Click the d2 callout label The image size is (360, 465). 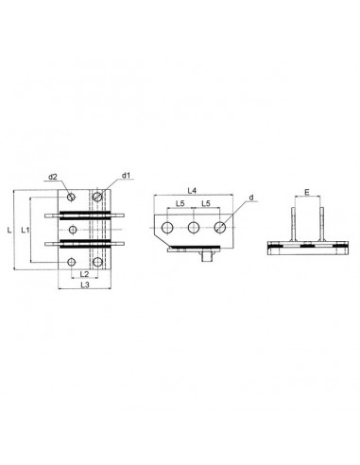point(52,177)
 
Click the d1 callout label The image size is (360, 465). point(126,176)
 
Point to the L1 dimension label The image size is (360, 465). point(26,231)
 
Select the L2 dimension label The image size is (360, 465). point(84,273)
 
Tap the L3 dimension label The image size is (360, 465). point(85,284)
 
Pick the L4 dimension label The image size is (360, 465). point(192,191)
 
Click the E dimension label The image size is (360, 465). point(307,192)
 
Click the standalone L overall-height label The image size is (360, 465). point(9,231)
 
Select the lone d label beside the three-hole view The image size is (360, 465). point(251,198)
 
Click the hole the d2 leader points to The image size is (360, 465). point(71,198)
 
